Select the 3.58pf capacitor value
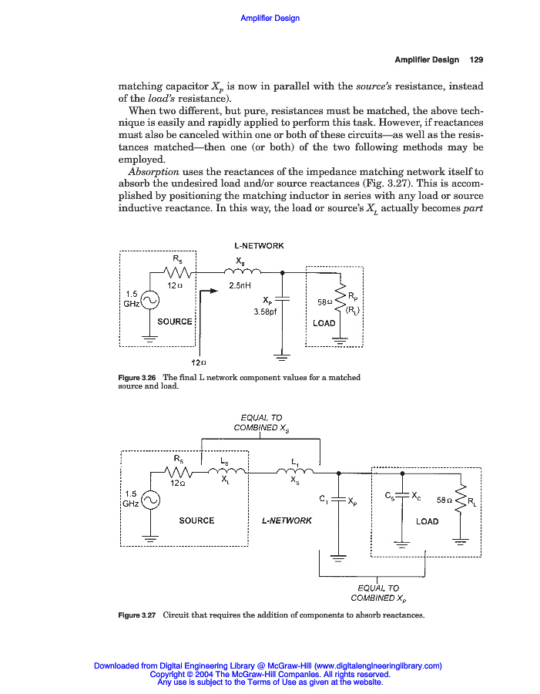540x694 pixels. (x=264, y=312)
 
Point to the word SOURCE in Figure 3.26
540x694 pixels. (x=175, y=321)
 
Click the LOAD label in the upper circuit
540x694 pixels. (x=324, y=323)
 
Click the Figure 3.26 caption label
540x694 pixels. (x=136, y=377)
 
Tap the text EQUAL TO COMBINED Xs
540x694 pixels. (x=261, y=423)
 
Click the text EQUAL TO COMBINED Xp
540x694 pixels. (x=377, y=592)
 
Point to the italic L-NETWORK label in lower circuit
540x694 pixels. (x=287, y=520)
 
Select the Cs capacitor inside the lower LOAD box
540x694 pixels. (x=403, y=497)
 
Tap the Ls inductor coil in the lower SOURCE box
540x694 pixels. (x=225, y=472)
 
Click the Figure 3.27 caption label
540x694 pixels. (x=137, y=615)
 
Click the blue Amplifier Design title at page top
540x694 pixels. (x=270, y=18)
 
